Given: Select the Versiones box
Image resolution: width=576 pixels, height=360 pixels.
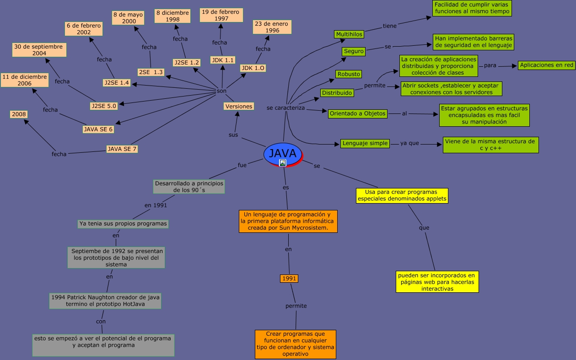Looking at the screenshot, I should [x=239, y=106].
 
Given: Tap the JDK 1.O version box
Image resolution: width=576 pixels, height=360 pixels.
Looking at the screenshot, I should [x=253, y=68].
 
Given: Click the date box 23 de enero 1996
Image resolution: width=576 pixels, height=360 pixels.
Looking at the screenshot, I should [x=272, y=27].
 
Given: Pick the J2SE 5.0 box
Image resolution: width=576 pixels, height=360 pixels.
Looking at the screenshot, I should [x=104, y=106].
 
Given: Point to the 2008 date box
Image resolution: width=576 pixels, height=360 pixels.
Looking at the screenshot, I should [x=19, y=114].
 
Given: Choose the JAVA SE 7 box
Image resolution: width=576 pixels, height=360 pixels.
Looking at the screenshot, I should [x=122, y=149].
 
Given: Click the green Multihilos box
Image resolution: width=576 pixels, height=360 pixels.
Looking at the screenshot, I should [x=349, y=34].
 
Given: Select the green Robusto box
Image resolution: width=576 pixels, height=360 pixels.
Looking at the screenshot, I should [x=349, y=74].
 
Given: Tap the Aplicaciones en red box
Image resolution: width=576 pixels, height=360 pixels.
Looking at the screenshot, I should [x=546, y=65].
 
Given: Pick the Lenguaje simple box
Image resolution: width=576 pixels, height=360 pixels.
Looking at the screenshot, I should [x=365, y=143].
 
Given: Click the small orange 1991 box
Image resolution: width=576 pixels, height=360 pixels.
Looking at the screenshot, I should [x=289, y=279].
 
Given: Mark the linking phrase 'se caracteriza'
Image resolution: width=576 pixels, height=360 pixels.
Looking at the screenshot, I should [x=285, y=108].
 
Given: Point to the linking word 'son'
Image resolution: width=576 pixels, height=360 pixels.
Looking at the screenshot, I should [x=221, y=91].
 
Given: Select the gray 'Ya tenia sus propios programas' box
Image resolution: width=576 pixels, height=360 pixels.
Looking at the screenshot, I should [x=123, y=224].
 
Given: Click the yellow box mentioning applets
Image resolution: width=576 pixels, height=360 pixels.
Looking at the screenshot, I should [x=402, y=195].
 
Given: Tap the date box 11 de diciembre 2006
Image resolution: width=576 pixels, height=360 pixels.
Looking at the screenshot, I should [x=24, y=80].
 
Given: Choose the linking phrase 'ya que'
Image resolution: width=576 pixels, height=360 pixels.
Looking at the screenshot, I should [x=409, y=143].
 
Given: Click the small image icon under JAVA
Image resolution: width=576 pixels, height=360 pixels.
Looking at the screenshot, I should [x=283, y=163].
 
